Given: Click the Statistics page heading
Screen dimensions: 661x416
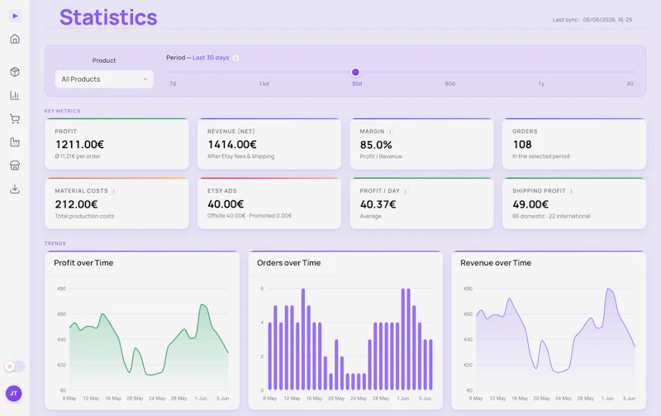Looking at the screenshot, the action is click(x=108, y=17).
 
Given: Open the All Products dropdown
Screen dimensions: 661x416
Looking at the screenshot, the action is click(x=104, y=79).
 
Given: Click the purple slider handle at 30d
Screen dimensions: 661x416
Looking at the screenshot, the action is click(x=355, y=72).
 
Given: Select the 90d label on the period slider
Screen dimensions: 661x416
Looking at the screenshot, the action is click(x=449, y=84).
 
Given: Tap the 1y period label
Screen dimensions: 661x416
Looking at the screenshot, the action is click(x=541, y=84).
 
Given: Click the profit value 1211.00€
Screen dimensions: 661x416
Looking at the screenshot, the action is click(x=79, y=145).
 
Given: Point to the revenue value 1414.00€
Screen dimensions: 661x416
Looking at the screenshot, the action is click(x=232, y=145).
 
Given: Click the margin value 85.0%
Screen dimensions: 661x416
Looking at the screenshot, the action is click(x=376, y=145).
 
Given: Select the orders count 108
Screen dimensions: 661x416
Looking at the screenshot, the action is click(x=522, y=145).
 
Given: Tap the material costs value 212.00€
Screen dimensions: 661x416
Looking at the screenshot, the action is click(x=76, y=204).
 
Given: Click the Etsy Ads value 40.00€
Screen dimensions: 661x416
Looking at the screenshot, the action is click(x=226, y=204).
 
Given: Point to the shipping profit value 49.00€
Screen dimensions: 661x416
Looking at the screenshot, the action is click(x=530, y=204).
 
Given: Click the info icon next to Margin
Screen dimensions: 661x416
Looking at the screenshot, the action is click(x=390, y=131).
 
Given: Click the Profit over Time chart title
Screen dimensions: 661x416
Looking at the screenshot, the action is click(x=83, y=263).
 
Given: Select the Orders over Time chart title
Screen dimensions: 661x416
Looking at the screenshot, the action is click(x=288, y=263).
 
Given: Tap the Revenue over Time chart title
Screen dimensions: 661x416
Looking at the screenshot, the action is click(x=496, y=263).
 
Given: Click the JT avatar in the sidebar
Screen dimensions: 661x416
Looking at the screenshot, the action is click(x=13, y=393).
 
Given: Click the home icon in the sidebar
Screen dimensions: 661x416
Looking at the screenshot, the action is click(x=15, y=39).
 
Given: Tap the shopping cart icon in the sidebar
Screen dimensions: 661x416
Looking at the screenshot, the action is click(x=15, y=119).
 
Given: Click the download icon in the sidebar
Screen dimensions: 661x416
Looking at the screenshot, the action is click(x=15, y=189).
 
